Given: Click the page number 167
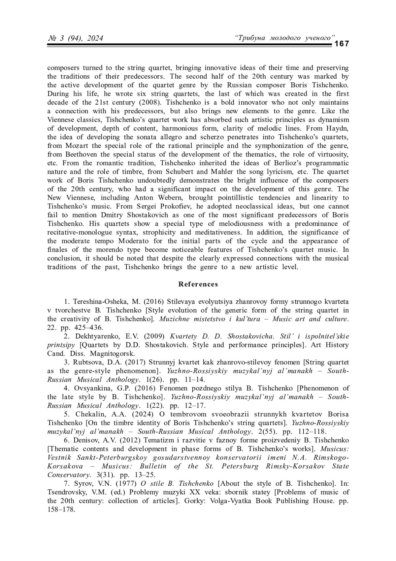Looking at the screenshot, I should point(342,44).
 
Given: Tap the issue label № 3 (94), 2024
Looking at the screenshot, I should point(76,39).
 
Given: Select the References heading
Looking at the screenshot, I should point(198,284).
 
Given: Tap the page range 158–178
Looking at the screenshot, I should point(61,509).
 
